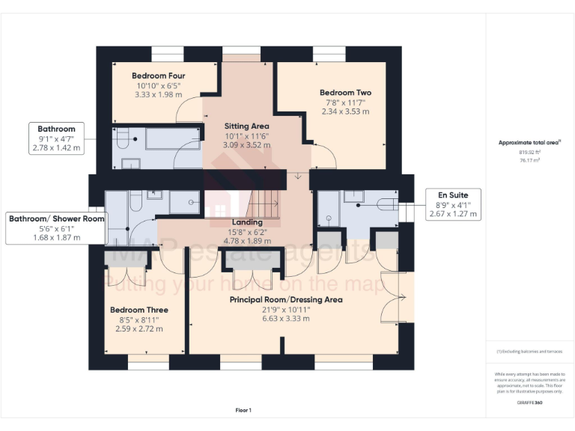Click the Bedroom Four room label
tap(158, 76)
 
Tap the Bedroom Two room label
tap(345, 93)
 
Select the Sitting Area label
tap(246, 126)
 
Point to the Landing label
tap(247, 222)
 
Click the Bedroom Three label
tap(139, 310)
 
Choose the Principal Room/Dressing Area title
tap(286, 299)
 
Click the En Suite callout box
tap(452, 204)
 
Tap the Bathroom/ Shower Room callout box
tap(56, 227)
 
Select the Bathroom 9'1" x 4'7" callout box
tap(56, 138)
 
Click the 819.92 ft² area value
tap(529, 152)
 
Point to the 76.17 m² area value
tap(529, 160)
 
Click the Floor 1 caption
tap(243, 410)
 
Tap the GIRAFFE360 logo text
tap(529, 403)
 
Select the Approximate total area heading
tap(529, 142)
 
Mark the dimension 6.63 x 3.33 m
tap(286, 319)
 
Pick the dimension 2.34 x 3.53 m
tap(345, 111)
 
